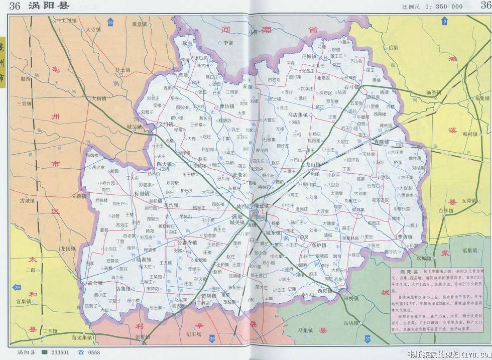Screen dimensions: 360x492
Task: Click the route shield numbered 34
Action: point(110,23)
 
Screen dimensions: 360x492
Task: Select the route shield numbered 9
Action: point(444,22)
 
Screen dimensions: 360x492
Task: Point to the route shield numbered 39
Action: point(18,287)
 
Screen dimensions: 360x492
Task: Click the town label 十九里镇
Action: point(66,21)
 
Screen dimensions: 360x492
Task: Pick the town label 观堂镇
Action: point(139,24)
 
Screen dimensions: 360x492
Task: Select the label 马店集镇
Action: point(298,115)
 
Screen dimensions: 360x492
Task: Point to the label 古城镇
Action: point(27,201)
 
